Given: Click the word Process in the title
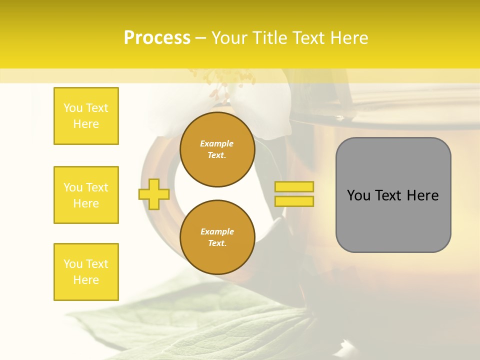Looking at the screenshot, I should point(157,38).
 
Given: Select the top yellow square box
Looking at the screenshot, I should point(86,116).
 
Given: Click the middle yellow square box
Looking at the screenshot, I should point(86,195).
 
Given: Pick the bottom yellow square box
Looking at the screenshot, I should point(86,272).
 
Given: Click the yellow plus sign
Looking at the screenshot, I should point(154,194).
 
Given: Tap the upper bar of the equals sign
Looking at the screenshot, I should point(294,186).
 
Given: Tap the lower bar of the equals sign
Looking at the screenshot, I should point(294,201).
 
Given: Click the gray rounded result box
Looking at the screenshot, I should point(393,220).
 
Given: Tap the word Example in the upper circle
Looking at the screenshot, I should point(217,143).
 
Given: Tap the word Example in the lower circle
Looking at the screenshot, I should point(217,231).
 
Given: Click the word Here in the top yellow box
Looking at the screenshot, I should point(86,124).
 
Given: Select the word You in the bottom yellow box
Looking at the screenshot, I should point(73,264).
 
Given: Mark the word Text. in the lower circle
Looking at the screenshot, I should point(217,243).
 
